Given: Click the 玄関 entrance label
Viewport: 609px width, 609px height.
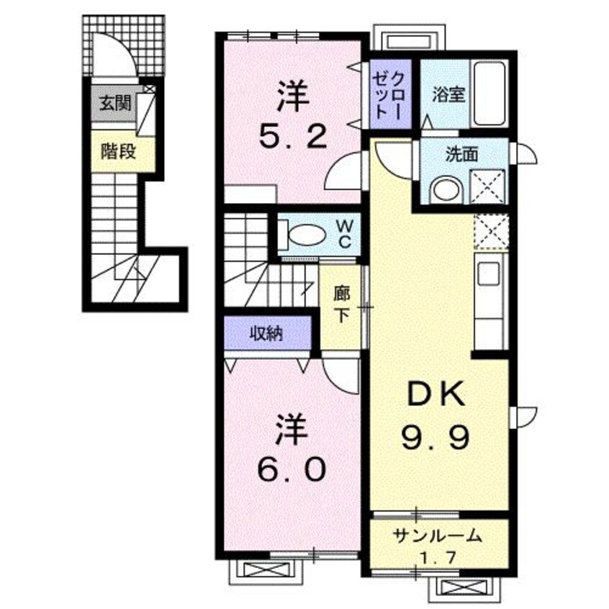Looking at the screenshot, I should coord(115,104).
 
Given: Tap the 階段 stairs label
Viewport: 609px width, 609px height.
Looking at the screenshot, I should coord(118,152).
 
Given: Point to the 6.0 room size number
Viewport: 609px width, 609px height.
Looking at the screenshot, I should coord(292,469).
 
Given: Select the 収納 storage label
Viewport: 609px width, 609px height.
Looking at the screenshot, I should coord(266,333).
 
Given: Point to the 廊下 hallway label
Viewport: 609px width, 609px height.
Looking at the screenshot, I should coord(341,305).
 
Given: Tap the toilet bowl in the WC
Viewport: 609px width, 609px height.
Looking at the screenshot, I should coord(307,235).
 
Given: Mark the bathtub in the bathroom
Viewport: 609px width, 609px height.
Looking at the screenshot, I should coord(490,94).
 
